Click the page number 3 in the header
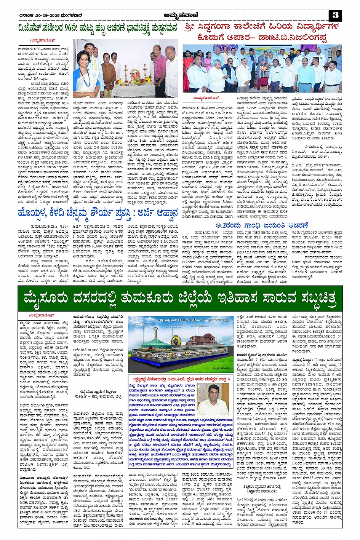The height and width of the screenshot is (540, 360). (335, 15)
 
